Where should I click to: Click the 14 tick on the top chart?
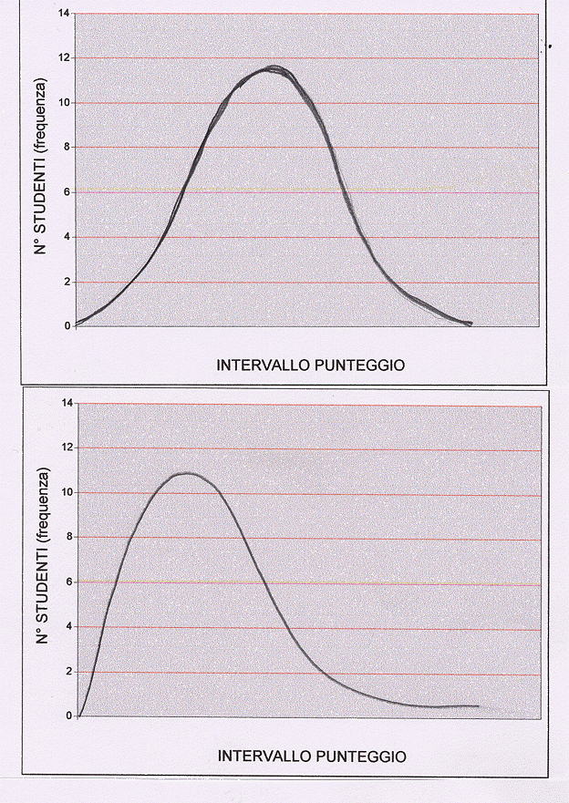64,14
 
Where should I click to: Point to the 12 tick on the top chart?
64,58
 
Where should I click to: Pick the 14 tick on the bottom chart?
66,403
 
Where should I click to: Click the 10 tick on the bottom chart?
66,492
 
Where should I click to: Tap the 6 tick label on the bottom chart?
68,582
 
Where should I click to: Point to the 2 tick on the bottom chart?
68,671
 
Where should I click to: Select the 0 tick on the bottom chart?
68,715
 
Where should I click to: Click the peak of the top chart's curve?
274,68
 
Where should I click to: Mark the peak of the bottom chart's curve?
186,473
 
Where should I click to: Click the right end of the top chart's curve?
471,323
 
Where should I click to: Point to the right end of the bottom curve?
479,706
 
